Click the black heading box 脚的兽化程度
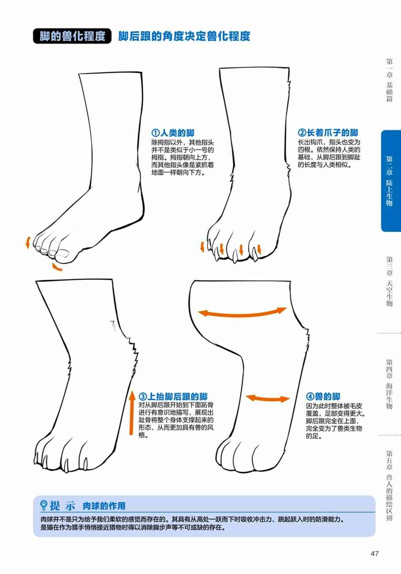(x=72, y=36)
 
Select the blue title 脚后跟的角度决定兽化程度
(x=184, y=36)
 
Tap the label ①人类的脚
(x=173, y=133)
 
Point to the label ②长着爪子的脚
(x=328, y=133)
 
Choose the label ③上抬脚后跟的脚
(x=173, y=396)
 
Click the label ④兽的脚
(x=323, y=396)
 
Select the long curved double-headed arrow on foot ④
(x=242, y=314)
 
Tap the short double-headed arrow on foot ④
(x=268, y=398)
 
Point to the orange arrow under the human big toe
(x=57, y=267)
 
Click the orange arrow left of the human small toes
(x=28, y=242)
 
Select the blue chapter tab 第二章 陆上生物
(x=391, y=181)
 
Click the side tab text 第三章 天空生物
(x=390, y=282)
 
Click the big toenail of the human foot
(x=62, y=254)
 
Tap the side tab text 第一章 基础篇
(x=390, y=80)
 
